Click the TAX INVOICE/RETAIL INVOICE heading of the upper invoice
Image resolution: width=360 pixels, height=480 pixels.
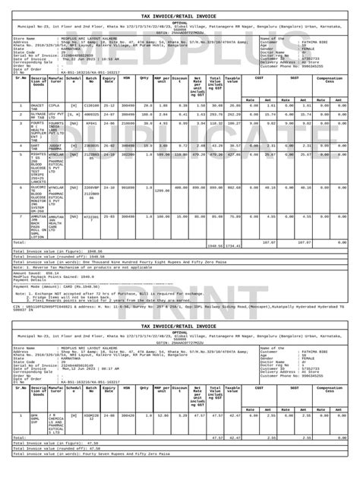pyautogui.click(x=179, y=6)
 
